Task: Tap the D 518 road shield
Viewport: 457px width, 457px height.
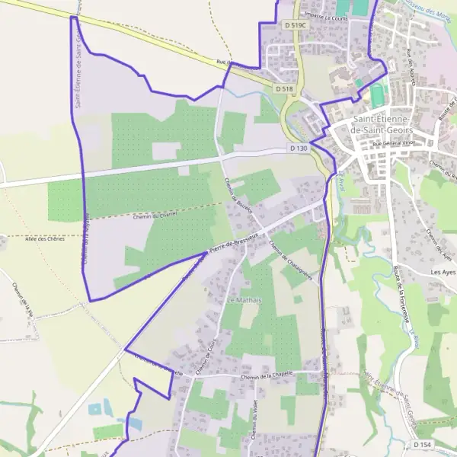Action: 284,89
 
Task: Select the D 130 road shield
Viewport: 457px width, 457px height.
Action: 299,148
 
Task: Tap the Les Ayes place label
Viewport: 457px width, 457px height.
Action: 443,272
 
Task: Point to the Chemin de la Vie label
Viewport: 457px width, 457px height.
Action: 23,302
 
